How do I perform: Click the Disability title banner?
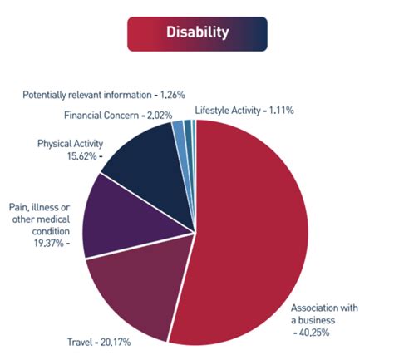(x=196, y=34)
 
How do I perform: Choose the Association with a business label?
(x=325, y=313)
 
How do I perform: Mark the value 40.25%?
(x=320, y=333)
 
